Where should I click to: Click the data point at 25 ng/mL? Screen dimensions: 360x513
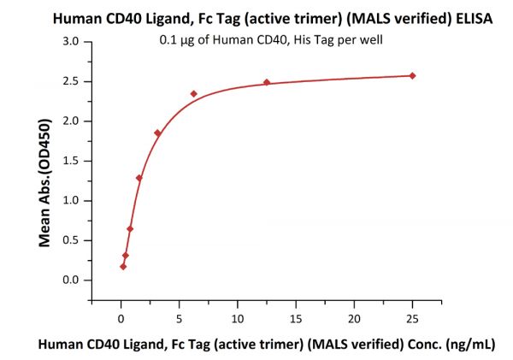[413, 76]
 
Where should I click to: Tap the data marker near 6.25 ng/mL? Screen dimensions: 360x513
[194, 93]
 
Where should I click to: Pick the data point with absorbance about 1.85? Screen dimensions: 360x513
[157, 133]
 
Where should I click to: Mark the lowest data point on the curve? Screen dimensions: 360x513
[123, 266]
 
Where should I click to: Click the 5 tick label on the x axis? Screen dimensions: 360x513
[180, 318]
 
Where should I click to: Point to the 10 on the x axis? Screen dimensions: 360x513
[238, 318]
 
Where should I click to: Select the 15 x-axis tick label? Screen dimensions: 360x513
[296, 318]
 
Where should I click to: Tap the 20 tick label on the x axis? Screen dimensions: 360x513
[354, 318]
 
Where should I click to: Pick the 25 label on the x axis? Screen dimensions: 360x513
[412, 318]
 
